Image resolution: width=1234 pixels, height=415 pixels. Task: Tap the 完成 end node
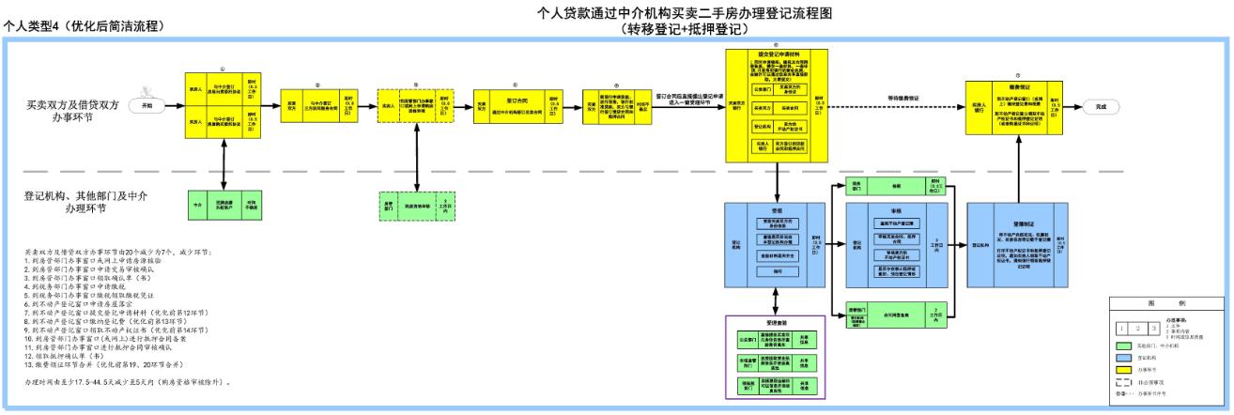click(x=1100, y=107)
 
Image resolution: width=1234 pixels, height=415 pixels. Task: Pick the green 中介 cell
click(x=198, y=204)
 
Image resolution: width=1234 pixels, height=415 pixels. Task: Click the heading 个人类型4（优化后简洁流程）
click(x=91, y=25)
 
